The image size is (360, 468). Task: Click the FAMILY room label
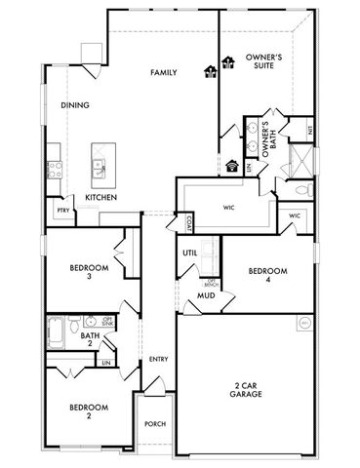(x=162, y=72)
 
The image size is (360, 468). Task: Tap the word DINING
(x=75, y=104)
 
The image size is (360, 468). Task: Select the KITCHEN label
(x=101, y=198)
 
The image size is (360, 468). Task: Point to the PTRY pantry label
(x=62, y=210)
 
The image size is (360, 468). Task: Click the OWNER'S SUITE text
(x=263, y=63)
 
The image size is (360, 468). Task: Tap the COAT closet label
(x=182, y=222)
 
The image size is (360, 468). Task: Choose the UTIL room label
(x=191, y=253)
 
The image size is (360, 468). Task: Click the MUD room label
(x=206, y=294)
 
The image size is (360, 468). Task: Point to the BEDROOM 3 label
(x=88, y=272)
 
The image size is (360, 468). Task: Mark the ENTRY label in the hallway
(x=158, y=360)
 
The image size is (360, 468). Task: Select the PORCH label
(x=154, y=424)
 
